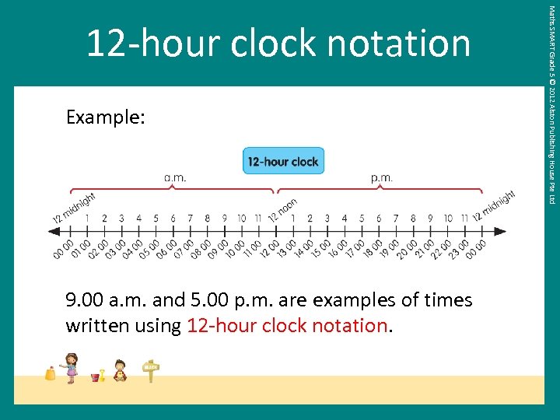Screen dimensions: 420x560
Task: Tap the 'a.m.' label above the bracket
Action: click(175, 177)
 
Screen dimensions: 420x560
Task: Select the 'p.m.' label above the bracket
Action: click(381, 177)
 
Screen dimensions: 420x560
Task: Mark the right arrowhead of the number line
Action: click(500, 231)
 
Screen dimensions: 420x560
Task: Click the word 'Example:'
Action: click(106, 117)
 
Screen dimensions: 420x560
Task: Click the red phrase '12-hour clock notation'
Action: click(286, 325)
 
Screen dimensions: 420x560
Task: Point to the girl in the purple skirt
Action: click(72, 367)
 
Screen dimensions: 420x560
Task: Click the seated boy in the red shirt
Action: click(120, 370)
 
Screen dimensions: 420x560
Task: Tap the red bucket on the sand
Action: click(96, 376)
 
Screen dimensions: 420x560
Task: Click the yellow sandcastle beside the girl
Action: click(51, 373)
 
